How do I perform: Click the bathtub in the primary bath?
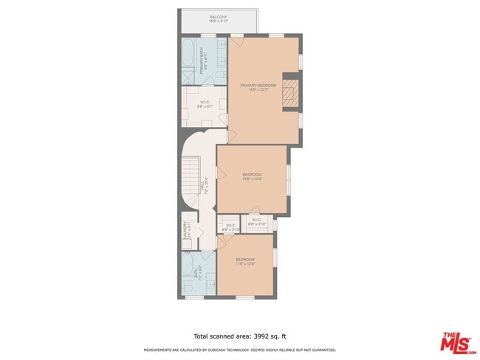point(188,54)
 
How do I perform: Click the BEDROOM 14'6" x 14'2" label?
point(253,177)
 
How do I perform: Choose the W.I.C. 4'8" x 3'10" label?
point(230,228)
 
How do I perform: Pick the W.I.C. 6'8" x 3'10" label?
point(256,221)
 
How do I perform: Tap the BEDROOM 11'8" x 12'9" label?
point(245,261)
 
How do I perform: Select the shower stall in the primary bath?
point(189,75)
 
